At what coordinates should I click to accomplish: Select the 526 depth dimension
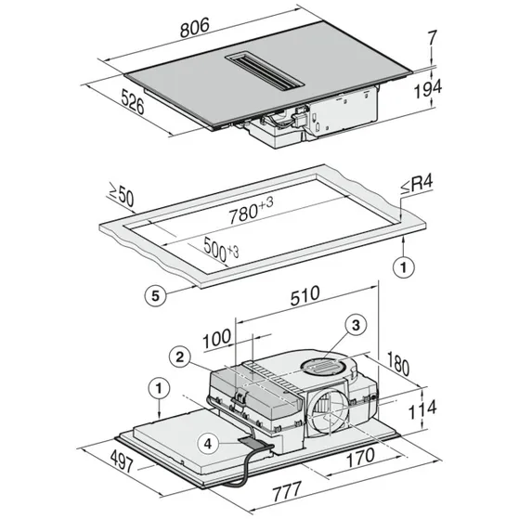coord(134,101)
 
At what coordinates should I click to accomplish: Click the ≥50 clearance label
coord(120,196)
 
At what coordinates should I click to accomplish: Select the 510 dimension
coord(305,294)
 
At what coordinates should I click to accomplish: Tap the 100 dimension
coord(218,334)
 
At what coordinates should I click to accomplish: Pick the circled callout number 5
coord(158,296)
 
